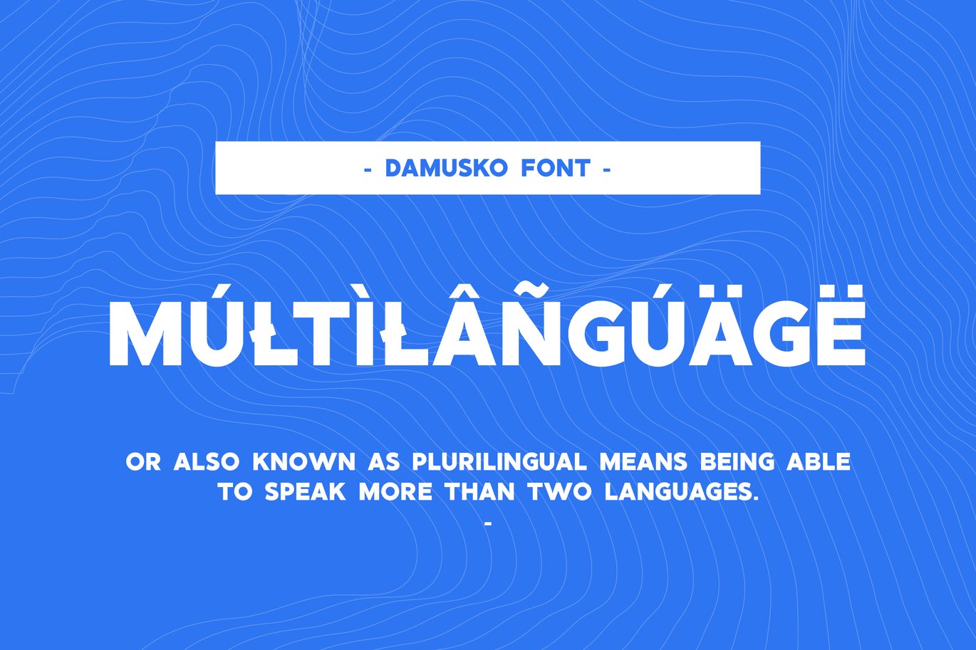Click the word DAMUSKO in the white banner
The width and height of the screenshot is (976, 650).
pos(446,168)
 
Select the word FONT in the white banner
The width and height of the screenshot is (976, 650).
pos(556,168)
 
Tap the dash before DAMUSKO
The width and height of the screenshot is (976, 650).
pos(368,169)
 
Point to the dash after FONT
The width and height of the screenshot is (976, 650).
pos(606,169)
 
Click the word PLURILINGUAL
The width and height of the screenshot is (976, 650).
pos(499,462)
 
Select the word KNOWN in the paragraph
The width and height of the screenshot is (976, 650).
pos(304,462)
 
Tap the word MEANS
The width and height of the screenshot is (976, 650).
pos(644,462)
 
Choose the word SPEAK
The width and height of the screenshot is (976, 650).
pos(306,492)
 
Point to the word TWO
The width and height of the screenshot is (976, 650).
pos(560,492)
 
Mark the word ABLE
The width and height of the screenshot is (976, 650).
pos(819,462)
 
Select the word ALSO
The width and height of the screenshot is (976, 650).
pos(207,462)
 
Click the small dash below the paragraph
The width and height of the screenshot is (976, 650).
pos(488,523)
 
